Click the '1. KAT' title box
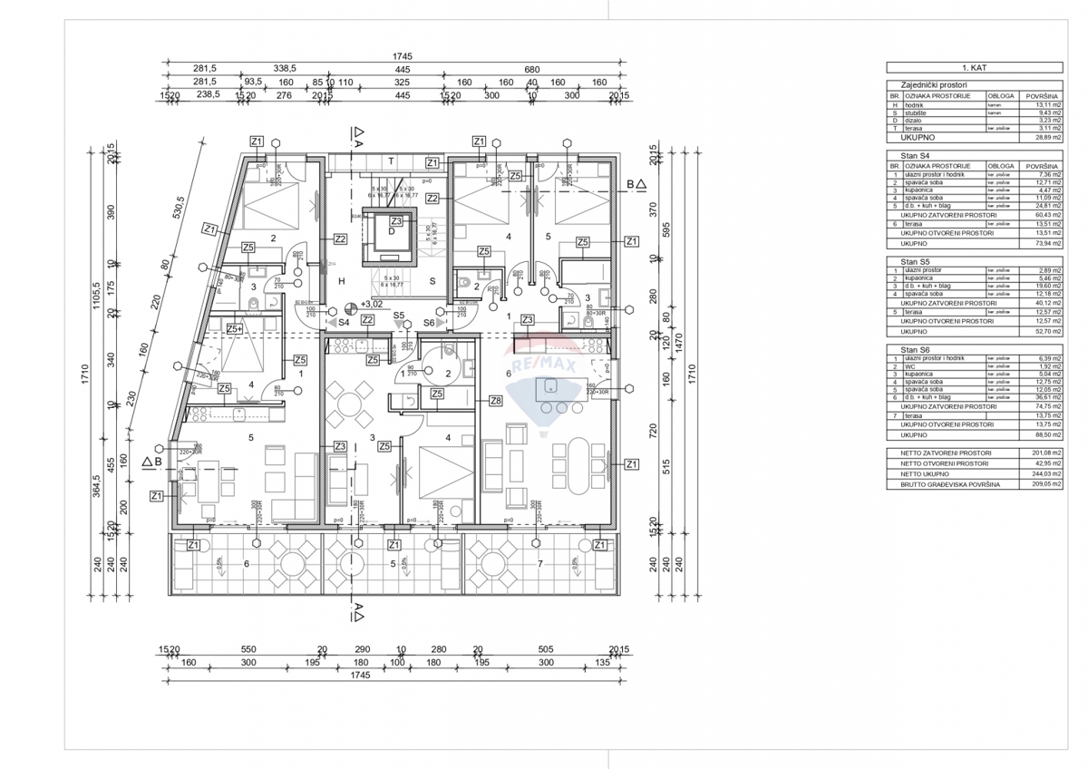(975, 67)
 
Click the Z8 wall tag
(494, 400)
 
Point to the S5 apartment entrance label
(398, 315)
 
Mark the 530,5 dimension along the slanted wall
(180, 209)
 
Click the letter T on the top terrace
(391, 161)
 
